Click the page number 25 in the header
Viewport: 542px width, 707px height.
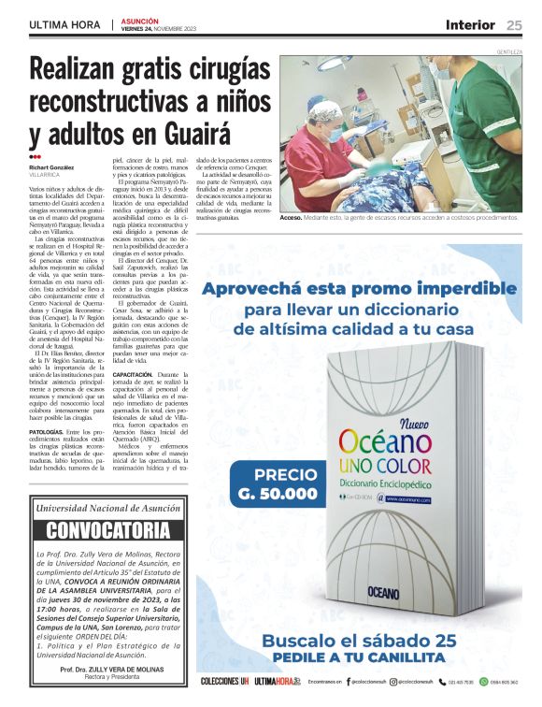pos(515,24)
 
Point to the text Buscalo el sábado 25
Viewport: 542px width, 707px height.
pos(358,642)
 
